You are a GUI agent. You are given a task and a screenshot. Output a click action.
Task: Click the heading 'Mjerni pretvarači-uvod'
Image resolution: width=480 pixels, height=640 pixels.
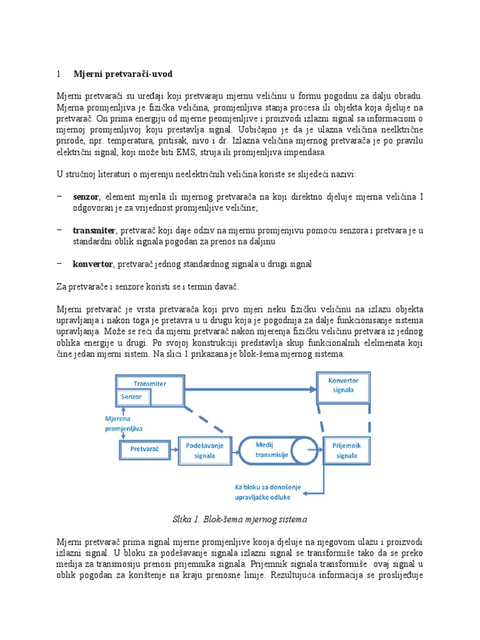(x=122, y=74)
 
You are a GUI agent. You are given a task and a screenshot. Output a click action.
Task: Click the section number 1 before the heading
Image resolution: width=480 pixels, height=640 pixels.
(x=58, y=74)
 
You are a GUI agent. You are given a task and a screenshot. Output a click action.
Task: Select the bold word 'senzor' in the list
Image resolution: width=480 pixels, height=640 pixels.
(x=86, y=197)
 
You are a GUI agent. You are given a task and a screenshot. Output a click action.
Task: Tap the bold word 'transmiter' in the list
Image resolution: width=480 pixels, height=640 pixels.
(x=94, y=231)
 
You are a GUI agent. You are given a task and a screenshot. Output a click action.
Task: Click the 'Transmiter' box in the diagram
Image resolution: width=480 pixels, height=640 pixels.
(x=151, y=383)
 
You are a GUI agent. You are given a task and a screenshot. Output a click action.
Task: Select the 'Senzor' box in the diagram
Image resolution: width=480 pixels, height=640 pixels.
(x=131, y=397)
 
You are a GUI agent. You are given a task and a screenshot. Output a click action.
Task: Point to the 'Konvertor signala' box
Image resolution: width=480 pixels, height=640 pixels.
(x=343, y=384)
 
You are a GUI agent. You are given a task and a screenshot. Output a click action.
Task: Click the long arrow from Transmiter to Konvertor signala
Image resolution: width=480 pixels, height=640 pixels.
(x=250, y=389)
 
